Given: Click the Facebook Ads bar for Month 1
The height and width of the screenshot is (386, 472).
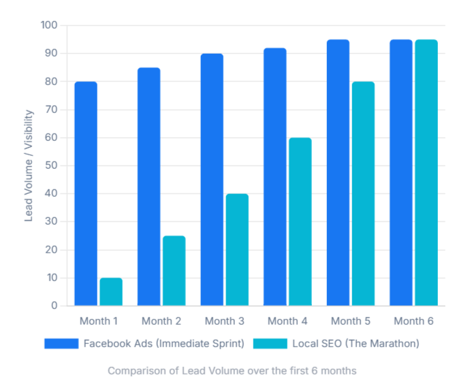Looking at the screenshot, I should (x=86, y=194).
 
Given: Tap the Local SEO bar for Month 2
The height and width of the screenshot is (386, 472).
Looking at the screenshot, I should (x=174, y=270).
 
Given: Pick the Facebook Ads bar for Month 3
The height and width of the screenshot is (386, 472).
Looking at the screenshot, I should (x=212, y=180).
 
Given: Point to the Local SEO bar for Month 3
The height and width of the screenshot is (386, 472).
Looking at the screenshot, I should (x=237, y=249).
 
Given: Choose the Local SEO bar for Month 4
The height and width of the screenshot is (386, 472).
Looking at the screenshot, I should (x=300, y=221).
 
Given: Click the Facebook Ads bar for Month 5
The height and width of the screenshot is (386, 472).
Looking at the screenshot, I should (x=338, y=173).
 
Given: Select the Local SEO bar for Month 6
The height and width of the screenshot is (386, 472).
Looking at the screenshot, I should (x=426, y=173).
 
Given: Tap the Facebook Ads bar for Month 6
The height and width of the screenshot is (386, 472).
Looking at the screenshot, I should (x=401, y=173).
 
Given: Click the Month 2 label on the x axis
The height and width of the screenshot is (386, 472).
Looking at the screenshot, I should (x=161, y=321).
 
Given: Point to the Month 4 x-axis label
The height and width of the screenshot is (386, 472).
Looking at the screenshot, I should (x=287, y=321).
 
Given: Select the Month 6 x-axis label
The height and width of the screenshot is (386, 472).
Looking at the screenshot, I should (x=413, y=321).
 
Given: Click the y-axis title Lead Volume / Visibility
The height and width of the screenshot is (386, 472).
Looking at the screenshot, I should (x=29, y=165).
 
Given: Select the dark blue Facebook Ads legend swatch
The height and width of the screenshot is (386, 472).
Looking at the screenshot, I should (x=61, y=344).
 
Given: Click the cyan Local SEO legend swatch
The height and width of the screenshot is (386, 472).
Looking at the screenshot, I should (x=270, y=344).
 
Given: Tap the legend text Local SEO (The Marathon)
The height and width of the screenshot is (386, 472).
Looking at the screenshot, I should (x=356, y=344).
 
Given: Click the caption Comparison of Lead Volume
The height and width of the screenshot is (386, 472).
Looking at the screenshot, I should (x=232, y=371).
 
